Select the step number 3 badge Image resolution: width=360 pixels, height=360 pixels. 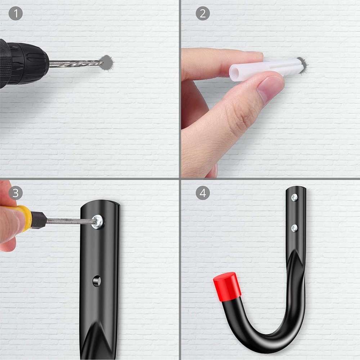tap(15, 193)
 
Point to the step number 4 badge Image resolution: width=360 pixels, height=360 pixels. tap(203, 193)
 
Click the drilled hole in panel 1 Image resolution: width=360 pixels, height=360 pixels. tap(107, 63)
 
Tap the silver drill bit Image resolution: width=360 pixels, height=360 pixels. tap(76, 64)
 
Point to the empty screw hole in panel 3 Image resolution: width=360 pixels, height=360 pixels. tap(96, 280)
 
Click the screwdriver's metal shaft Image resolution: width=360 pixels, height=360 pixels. tap(68, 221)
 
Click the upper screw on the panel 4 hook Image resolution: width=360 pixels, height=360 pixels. tap(294, 197)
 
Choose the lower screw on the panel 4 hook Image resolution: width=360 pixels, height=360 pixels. tap(294, 228)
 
